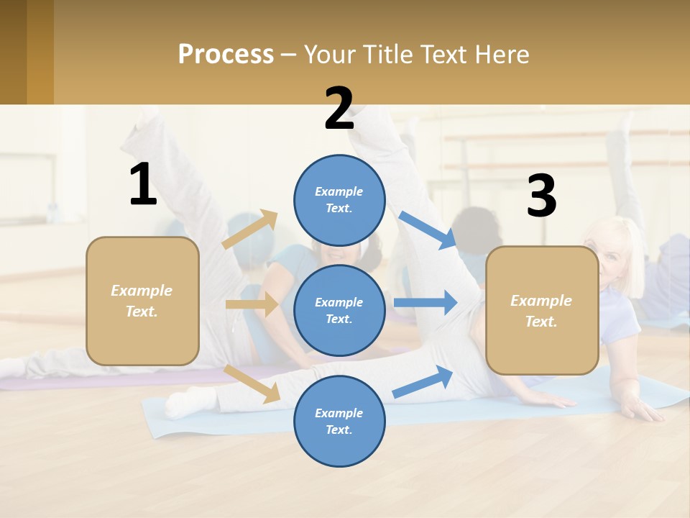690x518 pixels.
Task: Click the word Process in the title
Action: pos(226,55)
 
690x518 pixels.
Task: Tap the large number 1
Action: pos(142,185)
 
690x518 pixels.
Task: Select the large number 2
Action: pos(339,109)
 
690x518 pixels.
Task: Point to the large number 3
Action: pos(541,196)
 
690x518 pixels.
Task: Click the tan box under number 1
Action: pos(142,301)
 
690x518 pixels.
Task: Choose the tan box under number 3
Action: pos(542,310)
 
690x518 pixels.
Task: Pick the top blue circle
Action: pos(339,200)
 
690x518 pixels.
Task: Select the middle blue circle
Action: pos(339,310)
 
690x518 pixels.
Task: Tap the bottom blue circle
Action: pos(339,421)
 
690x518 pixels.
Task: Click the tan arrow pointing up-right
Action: pos(250,230)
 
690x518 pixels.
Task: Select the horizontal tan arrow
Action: pos(252,304)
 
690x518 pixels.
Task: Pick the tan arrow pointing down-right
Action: pos(252,383)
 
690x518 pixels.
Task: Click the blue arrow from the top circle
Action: pos(428,230)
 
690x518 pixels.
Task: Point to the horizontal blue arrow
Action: pos(425,303)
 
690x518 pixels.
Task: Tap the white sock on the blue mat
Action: pos(180,402)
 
